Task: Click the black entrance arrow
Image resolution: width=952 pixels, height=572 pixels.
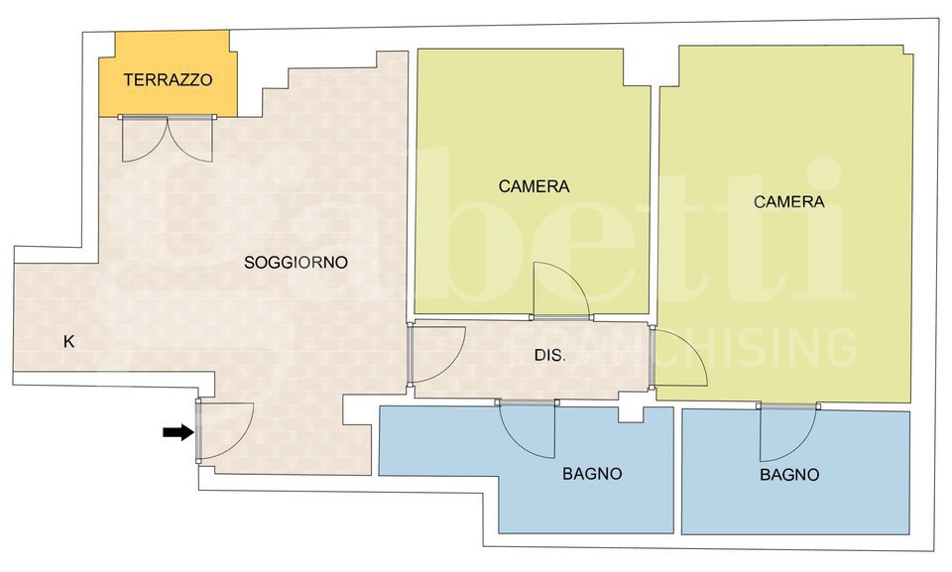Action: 178,432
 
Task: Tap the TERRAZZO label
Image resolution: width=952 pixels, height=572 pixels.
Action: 169,79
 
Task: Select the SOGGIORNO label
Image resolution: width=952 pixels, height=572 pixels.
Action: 296,263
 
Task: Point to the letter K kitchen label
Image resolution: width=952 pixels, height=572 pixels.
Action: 69,342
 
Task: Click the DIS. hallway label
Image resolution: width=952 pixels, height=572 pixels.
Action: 550,355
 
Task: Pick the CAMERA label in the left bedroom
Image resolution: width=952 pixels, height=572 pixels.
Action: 534,186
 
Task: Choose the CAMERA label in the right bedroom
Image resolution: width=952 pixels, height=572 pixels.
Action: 788,201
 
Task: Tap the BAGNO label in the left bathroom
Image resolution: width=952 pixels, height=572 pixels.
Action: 592,474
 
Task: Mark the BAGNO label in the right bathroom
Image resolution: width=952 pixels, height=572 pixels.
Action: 789,474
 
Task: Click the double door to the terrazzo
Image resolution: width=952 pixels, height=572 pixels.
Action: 167,139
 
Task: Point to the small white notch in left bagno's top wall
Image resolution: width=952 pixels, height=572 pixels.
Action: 631,414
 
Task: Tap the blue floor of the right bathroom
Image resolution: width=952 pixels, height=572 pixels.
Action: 795,498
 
